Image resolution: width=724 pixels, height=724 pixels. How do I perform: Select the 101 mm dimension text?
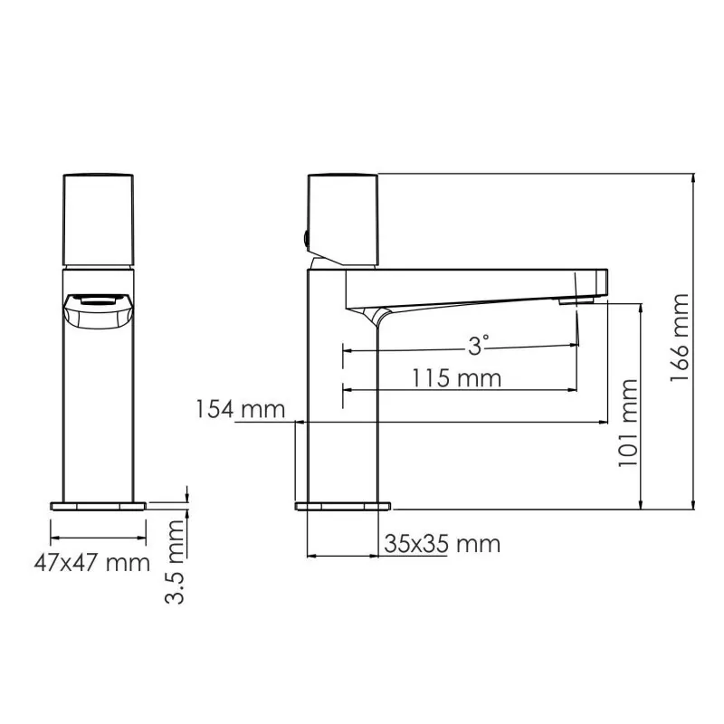[628, 424]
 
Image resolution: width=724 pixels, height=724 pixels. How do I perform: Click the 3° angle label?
[478, 345]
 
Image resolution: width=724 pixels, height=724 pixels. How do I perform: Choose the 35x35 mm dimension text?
[442, 544]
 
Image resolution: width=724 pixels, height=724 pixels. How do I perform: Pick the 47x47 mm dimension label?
[91, 563]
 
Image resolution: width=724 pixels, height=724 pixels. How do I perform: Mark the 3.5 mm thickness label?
[176, 561]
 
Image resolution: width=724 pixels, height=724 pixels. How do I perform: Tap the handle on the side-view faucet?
[343, 218]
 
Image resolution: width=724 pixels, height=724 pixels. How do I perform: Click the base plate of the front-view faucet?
[99, 505]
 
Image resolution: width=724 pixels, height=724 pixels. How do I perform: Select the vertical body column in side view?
[343, 398]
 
